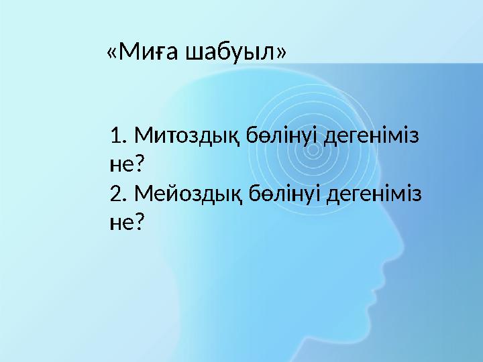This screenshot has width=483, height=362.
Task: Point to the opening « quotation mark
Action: [111, 52]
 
